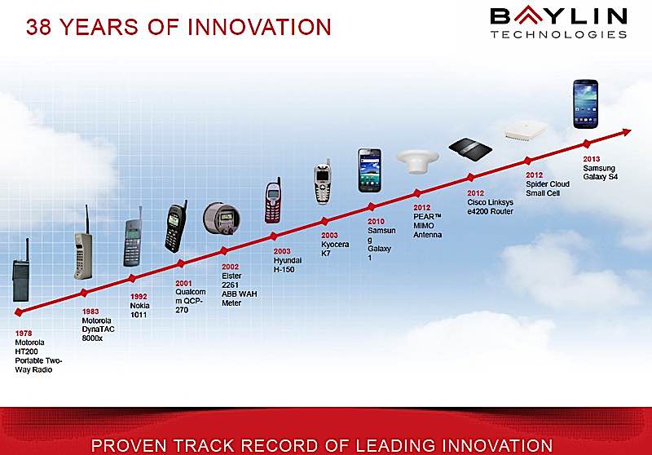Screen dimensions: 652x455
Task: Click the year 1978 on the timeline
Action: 24,334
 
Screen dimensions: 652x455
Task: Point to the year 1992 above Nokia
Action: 139,297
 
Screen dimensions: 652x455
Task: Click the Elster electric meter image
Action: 222,218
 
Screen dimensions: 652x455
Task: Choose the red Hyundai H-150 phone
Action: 273,201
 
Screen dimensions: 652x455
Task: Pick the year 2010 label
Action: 376,221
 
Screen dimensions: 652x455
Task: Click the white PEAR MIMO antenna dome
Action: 417,161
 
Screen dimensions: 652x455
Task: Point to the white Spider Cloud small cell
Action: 525,130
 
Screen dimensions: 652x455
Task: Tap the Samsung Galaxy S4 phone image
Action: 585,104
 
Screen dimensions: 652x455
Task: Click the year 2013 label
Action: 592,159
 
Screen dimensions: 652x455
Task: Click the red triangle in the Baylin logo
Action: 528,14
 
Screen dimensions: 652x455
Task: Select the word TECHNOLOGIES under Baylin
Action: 558,34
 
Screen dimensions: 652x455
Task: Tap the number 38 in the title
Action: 38,27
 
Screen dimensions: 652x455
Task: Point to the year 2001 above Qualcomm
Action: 183,283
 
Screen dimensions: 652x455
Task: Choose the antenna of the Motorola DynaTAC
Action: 87,219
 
